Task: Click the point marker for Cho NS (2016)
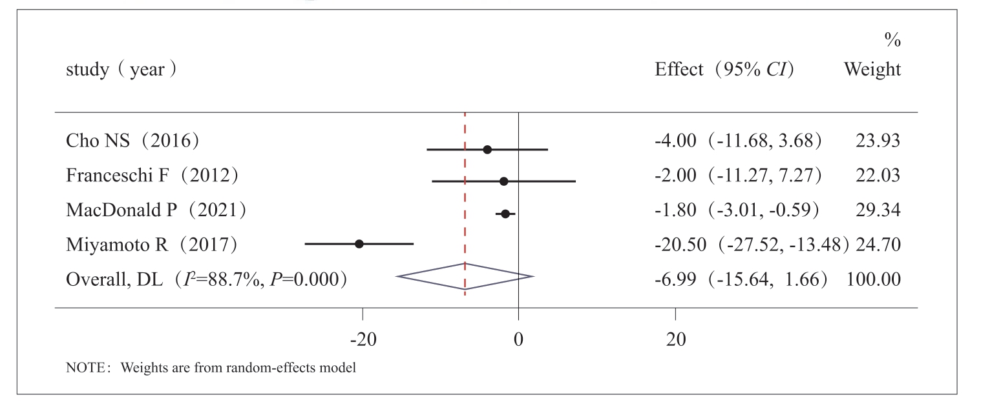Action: (487, 150)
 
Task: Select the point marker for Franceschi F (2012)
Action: (503, 181)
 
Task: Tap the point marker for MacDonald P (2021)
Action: (505, 214)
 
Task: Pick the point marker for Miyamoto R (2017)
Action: (359, 244)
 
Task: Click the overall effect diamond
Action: (465, 276)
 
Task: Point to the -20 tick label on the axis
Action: (363, 340)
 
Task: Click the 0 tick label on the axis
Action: (518, 340)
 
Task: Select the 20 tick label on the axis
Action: (676, 340)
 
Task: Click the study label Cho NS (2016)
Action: (132, 141)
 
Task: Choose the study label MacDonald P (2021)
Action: (156, 210)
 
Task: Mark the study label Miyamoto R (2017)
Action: (152, 245)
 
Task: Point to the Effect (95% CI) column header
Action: (724, 70)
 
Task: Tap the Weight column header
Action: (872, 70)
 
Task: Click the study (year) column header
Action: (121, 70)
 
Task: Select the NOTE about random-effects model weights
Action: (211, 369)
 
